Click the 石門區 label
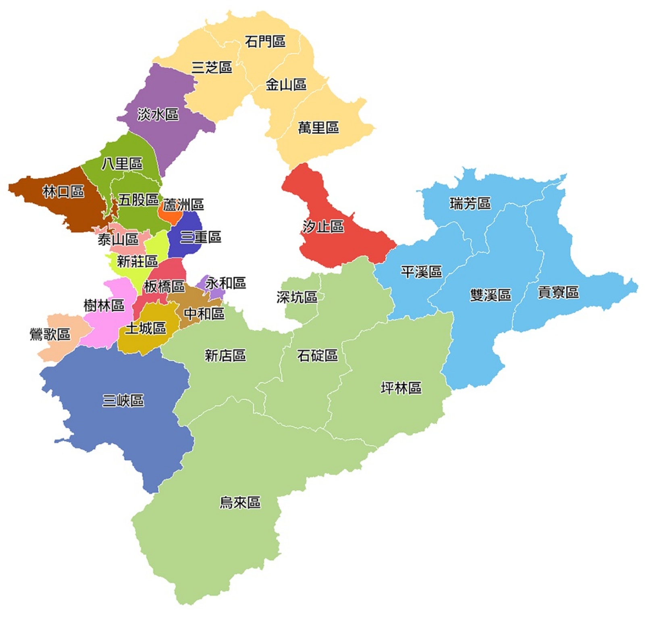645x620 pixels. click(265, 41)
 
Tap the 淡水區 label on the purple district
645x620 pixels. click(158, 115)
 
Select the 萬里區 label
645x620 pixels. click(318, 128)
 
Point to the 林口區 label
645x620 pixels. click(63, 192)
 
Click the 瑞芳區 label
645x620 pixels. click(470, 204)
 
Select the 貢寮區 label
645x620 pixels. click(558, 292)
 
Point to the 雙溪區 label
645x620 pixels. click(490, 295)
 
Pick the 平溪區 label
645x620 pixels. click(421, 272)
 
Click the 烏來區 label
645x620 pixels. click(240, 503)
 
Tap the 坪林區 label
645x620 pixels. click(401, 388)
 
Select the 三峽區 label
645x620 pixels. click(123, 401)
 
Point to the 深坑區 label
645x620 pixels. click(297, 297)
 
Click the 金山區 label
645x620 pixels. click(285, 85)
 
